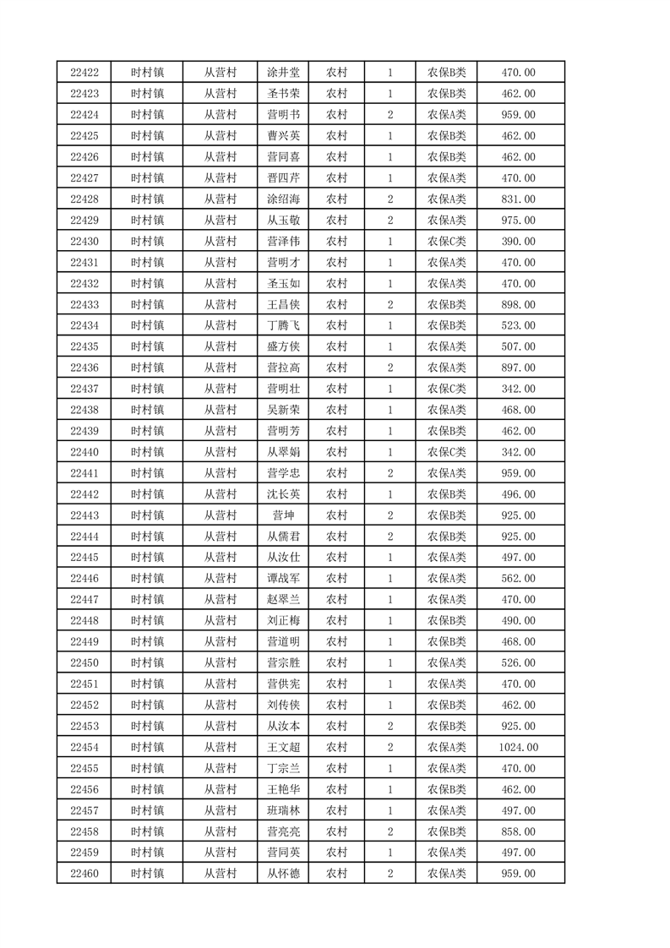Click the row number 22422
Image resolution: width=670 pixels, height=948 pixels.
(84, 73)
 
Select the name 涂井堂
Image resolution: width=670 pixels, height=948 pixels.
(283, 73)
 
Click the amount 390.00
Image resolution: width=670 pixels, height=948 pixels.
(518, 242)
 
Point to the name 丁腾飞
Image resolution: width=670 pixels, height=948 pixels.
(283, 326)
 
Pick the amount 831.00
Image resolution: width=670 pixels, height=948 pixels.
(518, 199)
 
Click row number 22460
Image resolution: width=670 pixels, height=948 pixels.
(84, 874)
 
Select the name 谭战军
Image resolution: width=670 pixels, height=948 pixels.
(283, 579)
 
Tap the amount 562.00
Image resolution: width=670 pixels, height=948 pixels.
(518, 579)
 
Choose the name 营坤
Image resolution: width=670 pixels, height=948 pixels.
(283, 515)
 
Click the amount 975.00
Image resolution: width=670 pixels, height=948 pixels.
(518, 221)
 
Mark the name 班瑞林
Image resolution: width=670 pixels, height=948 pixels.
(283, 811)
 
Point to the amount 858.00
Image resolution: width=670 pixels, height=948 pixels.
(518, 832)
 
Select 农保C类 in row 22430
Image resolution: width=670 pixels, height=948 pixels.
(447, 242)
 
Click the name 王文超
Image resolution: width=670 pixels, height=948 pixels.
(283, 748)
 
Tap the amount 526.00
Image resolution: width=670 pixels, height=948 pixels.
(518, 663)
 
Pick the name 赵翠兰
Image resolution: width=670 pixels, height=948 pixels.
(283, 600)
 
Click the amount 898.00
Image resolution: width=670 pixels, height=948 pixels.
(518, 305)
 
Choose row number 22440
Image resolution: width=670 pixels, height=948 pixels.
(84, 452)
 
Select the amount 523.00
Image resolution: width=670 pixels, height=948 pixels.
(518, 326)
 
